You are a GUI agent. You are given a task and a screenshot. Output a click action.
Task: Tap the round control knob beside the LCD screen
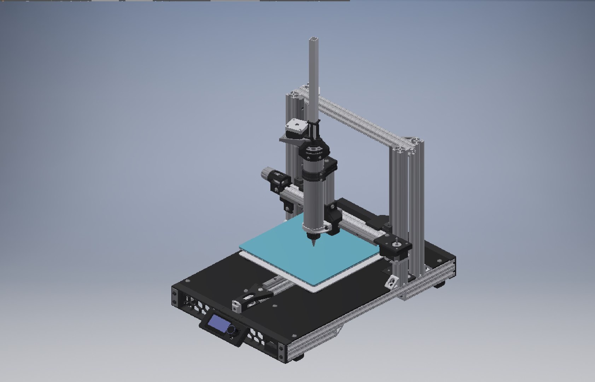coord(232,330)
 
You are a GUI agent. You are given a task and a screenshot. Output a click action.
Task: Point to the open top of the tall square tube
coord(314,39)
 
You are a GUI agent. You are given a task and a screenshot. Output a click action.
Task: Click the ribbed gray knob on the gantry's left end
coord(266,174)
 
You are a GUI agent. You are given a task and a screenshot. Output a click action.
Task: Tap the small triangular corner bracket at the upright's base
coord(392,283)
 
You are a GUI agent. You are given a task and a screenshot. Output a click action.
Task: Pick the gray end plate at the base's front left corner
coord(175,297)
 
